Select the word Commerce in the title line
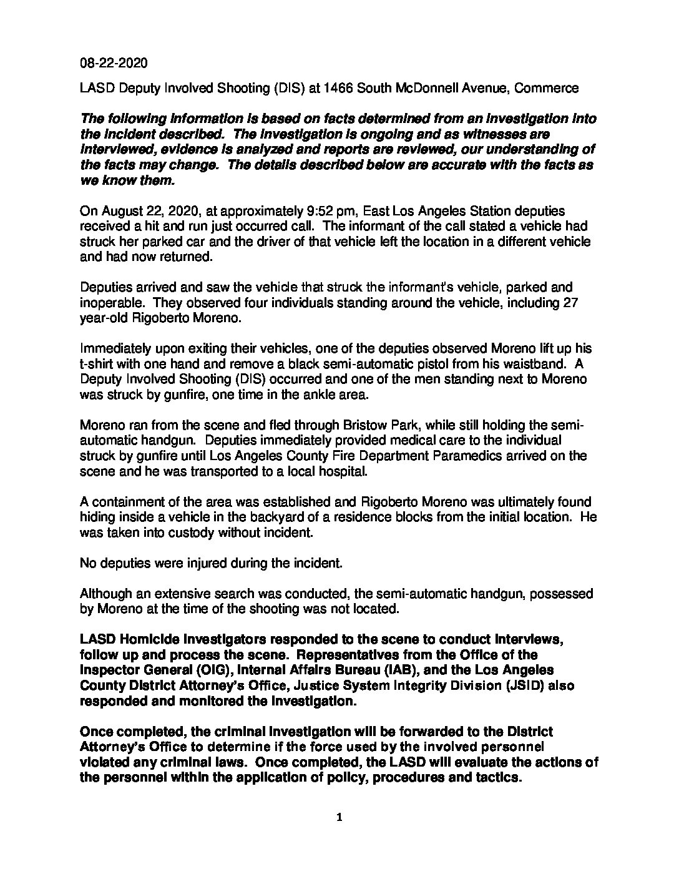pyautogui.click(x=547, y=88)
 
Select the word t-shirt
pyautogui.click(x=99, y=364)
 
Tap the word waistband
pyautogui.click(x=538, y=364)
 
